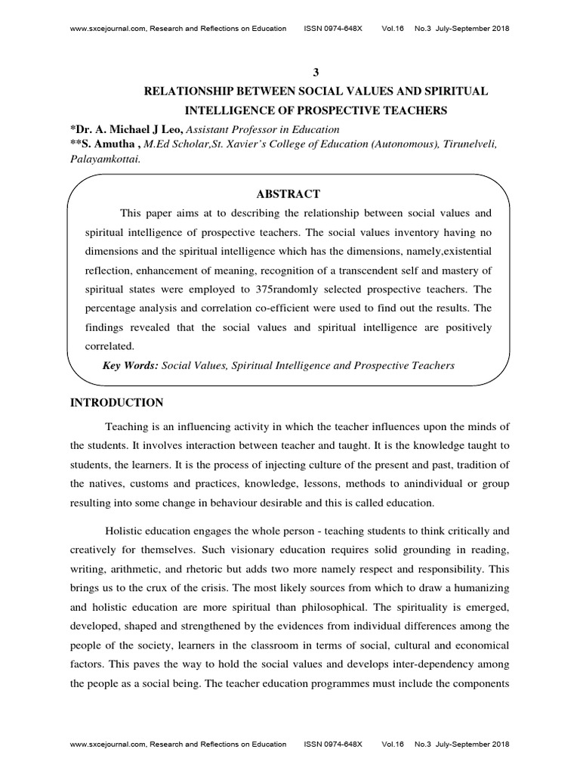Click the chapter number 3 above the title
click(x=316, y=71)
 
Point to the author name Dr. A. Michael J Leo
click(x=128, y=131)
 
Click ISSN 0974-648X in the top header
click(x=332, y=29)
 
